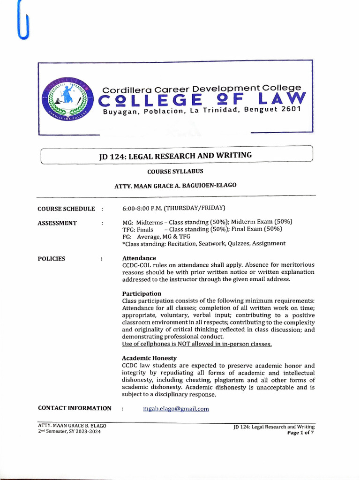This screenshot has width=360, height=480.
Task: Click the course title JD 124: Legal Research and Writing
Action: (x=175, y=156)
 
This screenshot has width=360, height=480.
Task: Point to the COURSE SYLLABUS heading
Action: (x=175, y=172)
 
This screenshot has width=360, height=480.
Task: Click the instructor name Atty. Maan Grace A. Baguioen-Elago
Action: (x=175, y=185)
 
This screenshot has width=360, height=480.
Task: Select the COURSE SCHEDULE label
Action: (x=66, y=209)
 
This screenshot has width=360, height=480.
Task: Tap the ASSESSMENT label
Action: (x=57, y=223)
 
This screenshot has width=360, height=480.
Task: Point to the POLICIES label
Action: (x=52, y=259)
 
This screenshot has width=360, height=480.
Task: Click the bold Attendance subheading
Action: (x=139, y=258)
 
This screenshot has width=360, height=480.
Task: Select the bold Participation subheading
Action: (x=142, y=293)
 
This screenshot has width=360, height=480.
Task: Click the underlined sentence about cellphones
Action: (x=197, y=344)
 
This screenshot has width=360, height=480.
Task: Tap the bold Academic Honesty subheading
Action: (x=149, y=358)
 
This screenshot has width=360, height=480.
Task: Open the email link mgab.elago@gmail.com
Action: (x=176, y=409)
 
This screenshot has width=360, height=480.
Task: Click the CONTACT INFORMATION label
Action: (x=75, y=408)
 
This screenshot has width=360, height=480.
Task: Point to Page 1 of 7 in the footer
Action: (x=300, y=433)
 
